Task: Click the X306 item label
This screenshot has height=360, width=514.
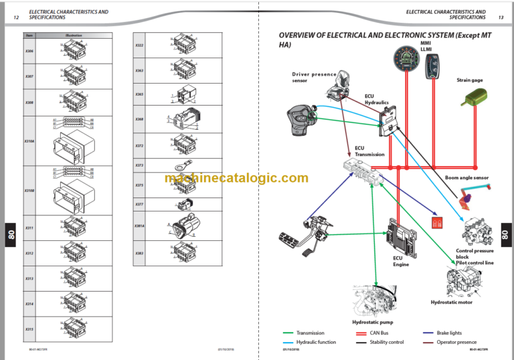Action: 29,51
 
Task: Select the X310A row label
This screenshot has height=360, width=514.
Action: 29,141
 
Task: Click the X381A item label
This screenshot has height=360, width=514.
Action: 139,226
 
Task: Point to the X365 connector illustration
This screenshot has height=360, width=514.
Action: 183,95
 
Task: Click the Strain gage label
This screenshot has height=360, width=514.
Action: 469,80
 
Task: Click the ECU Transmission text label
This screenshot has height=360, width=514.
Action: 369,151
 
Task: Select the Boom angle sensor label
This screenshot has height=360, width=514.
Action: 466,178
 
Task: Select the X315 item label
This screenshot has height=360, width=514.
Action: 29,329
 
